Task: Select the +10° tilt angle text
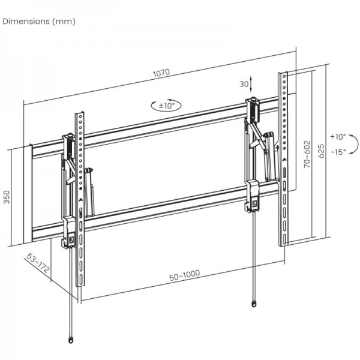pyautogui.click(x=338, y=136)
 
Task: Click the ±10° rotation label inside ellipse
pyautogui.click(x=166, y=105)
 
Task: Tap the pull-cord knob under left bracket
pyautogui.click(x=72, y=340)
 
